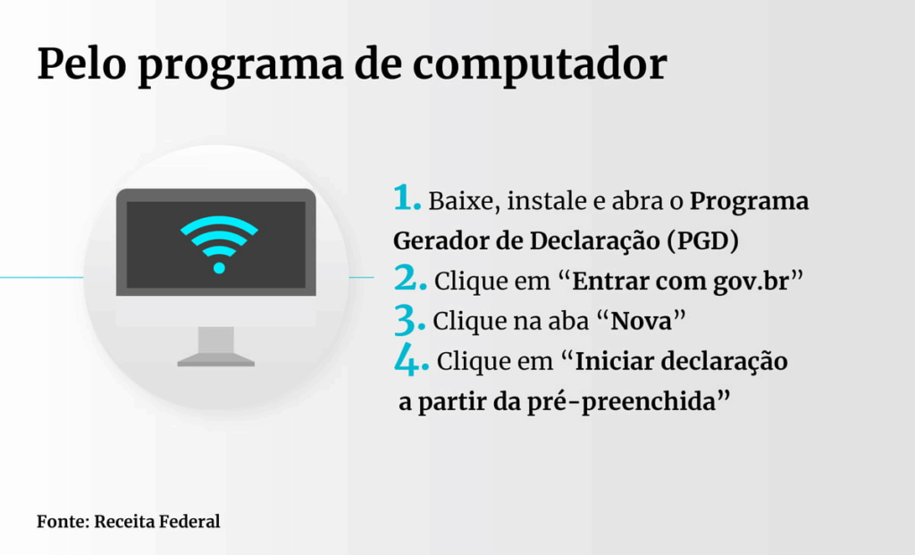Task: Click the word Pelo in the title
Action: pyautogui.click(x=81, y=63)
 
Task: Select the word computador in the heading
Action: pyautogui.click(x=540, y=63)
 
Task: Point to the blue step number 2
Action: pyautogui.click(x=410, y=277)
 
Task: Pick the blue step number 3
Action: pyautogui.click(x=409, y=319)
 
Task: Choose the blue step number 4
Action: pyautogui.click(x=411, y=358)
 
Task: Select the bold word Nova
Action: pyautogui.click(x=641, y=320)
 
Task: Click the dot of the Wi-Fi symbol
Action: pyautogui.click(x=220, y=268)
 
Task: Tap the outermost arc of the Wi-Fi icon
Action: pyautogui.click(x=220, y=220)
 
